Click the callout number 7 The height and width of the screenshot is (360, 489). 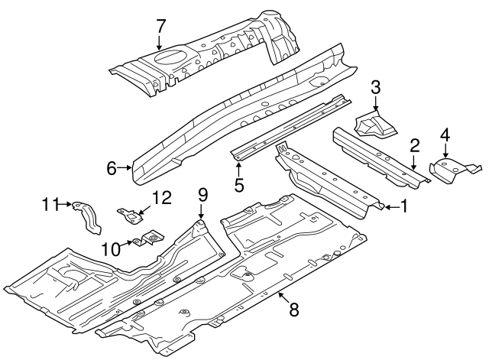(x=160, y=25)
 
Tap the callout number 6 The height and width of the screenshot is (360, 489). (x=111, y=167)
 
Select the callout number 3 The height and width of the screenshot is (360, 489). (x=376, y=88)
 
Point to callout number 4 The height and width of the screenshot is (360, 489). (x=445, y=137)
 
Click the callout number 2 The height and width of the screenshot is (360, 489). (x=414, y=145)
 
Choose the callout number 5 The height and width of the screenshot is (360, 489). (x=239, y=183)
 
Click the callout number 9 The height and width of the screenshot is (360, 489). (x=202, y=194)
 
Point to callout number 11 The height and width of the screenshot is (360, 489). (x=50, y=203)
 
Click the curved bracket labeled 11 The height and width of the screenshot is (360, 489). (x=88, y=217)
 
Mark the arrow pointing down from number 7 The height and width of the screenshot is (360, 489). (x=160, y=43)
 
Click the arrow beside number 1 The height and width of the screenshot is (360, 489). (x=390, y=206)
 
